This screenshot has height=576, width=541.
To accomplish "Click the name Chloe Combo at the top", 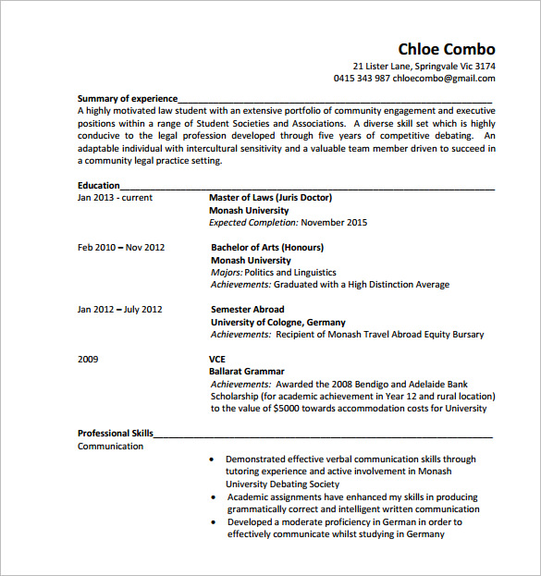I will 447,49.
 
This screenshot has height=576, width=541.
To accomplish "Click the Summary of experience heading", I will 126,98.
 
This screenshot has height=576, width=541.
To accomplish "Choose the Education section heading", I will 99,185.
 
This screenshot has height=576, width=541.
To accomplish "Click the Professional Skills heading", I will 116,433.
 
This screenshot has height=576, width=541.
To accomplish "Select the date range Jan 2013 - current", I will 115,198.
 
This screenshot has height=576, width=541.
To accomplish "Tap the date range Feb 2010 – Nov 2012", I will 121,248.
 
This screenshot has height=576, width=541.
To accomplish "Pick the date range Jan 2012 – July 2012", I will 119,310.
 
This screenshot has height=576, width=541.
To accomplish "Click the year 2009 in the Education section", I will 88,359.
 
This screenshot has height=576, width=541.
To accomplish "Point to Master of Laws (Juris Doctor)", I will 270,198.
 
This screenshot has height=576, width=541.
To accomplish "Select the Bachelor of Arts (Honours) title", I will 267,248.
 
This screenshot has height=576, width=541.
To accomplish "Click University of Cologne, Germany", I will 278,322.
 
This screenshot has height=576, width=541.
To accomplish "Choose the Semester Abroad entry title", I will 248,310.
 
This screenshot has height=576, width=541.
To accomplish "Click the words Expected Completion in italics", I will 253,223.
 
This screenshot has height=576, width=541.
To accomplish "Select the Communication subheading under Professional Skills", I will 110,447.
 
